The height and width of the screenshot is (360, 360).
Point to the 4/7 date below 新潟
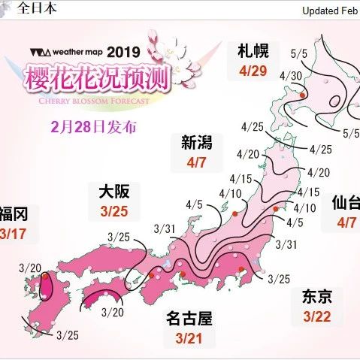tap(196, 162)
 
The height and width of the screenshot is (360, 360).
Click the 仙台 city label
tap(346, 204)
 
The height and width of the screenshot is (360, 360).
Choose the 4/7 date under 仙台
tap(346, 222)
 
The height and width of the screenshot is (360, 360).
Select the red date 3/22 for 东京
tap(318, 316)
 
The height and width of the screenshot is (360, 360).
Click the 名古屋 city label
tap(189, 318)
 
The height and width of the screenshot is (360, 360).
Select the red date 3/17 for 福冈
tap(13, 233)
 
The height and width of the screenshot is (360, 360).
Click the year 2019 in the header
tap(123, 53)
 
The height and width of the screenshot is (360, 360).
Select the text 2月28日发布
tap(95, 126)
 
